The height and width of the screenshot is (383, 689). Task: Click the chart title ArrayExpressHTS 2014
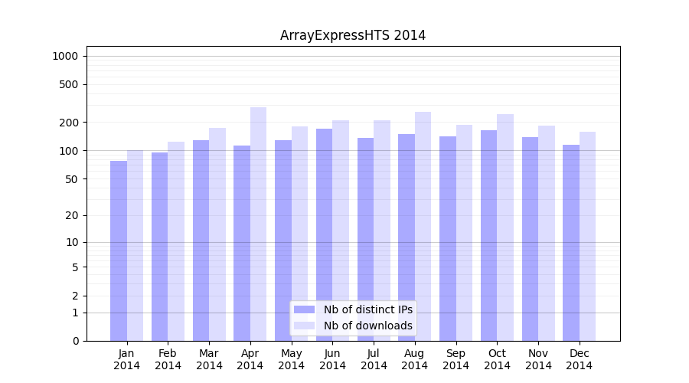[353, 35]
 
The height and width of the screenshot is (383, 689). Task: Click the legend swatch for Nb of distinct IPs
[304, 309]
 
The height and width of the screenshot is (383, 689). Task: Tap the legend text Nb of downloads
[367, 326]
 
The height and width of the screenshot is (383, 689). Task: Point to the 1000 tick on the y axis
[65, 56]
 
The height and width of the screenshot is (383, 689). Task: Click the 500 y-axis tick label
[68, 84]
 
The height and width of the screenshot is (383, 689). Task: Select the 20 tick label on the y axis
[71, 215]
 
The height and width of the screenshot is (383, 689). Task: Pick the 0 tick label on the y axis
[75, 341]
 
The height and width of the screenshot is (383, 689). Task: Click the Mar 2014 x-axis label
[209, 359]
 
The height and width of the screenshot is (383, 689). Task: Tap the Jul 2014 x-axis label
[374, 359]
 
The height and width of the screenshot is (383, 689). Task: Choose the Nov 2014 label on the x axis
[538, 359]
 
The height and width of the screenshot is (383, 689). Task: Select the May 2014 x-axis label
[292, 359]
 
